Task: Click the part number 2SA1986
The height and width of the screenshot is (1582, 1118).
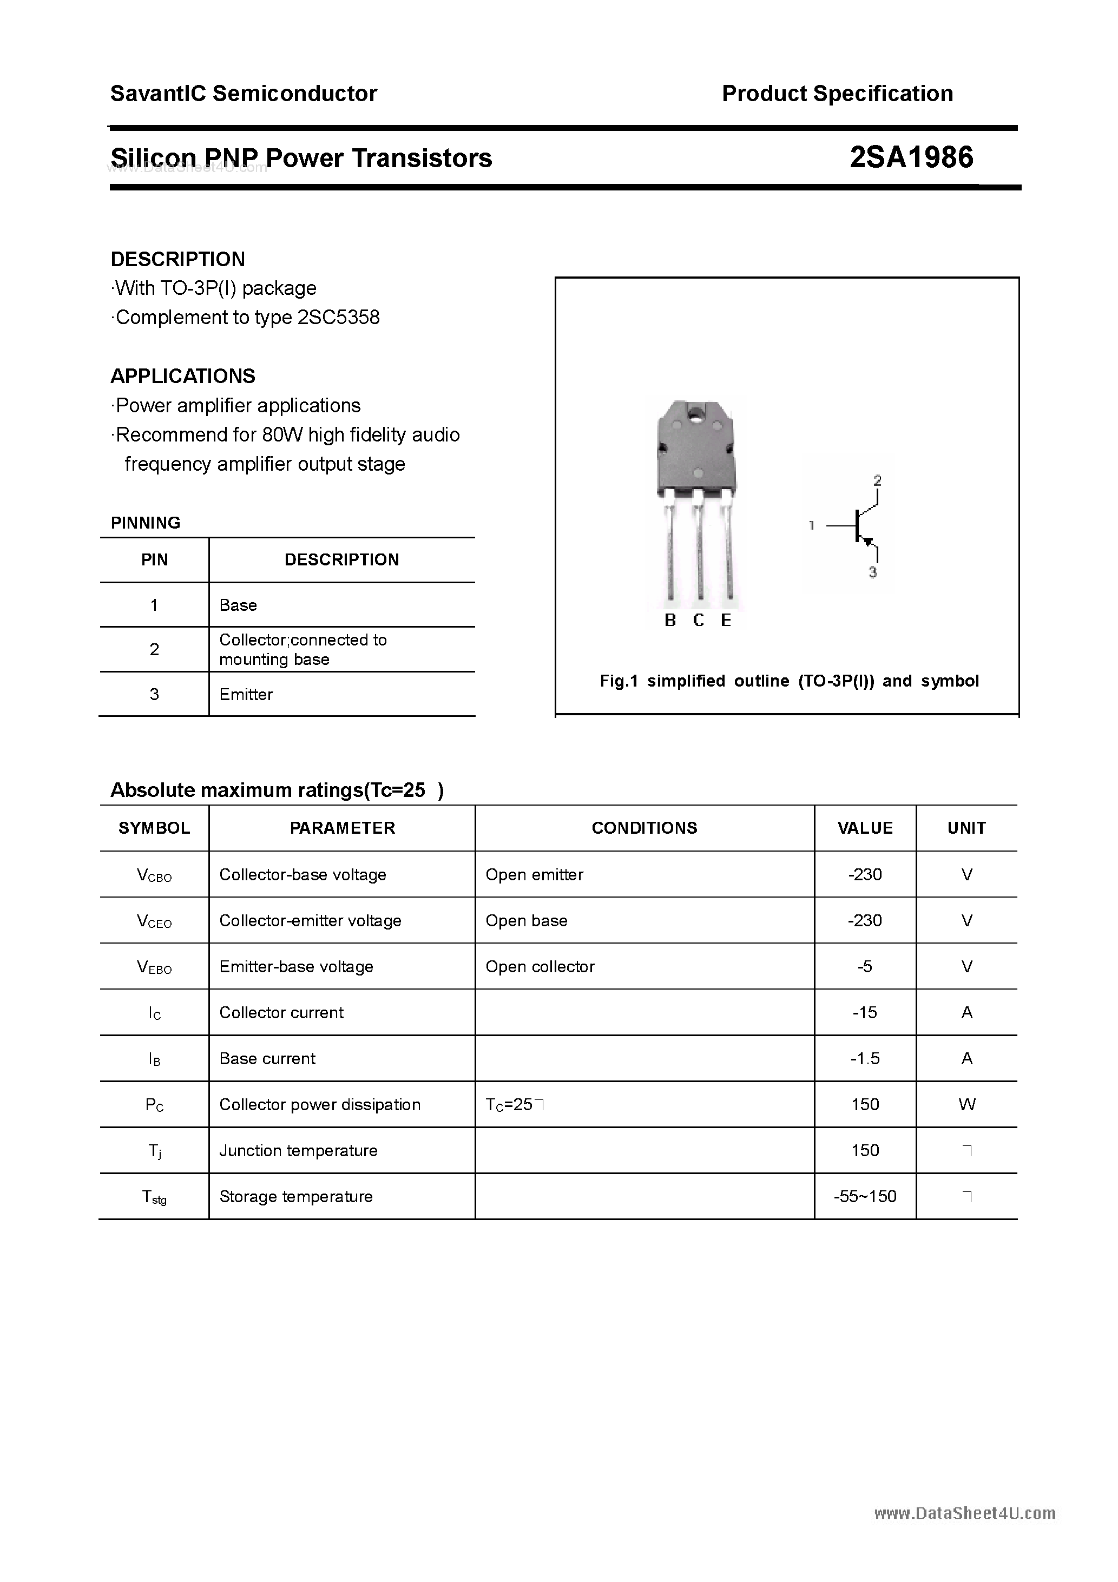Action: pos(911,158)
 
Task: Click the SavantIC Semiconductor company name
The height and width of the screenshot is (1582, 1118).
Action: pos(244,94)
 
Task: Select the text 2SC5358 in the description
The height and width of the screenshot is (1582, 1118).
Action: pos(338,318)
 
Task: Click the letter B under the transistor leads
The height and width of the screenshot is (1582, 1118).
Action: pos(670,620)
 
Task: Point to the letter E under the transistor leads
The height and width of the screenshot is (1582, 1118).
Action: pos(726,620)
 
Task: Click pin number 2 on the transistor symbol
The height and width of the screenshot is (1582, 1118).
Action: pos(877,480)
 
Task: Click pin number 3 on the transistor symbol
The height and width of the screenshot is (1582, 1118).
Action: pos(873,572)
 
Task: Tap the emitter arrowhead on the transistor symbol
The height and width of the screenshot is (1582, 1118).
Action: pos(869,542)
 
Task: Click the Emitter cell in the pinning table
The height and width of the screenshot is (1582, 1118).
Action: pos(246,695)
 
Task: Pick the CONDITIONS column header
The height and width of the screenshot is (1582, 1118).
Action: pos(644,828)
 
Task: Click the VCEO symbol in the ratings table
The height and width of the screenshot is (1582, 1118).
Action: pos(154,921)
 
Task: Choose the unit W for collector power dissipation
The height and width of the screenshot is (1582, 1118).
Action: pos(966,1104)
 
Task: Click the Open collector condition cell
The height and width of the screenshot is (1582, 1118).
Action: pos(540,967)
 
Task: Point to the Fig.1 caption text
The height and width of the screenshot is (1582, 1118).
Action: pos(788,681)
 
